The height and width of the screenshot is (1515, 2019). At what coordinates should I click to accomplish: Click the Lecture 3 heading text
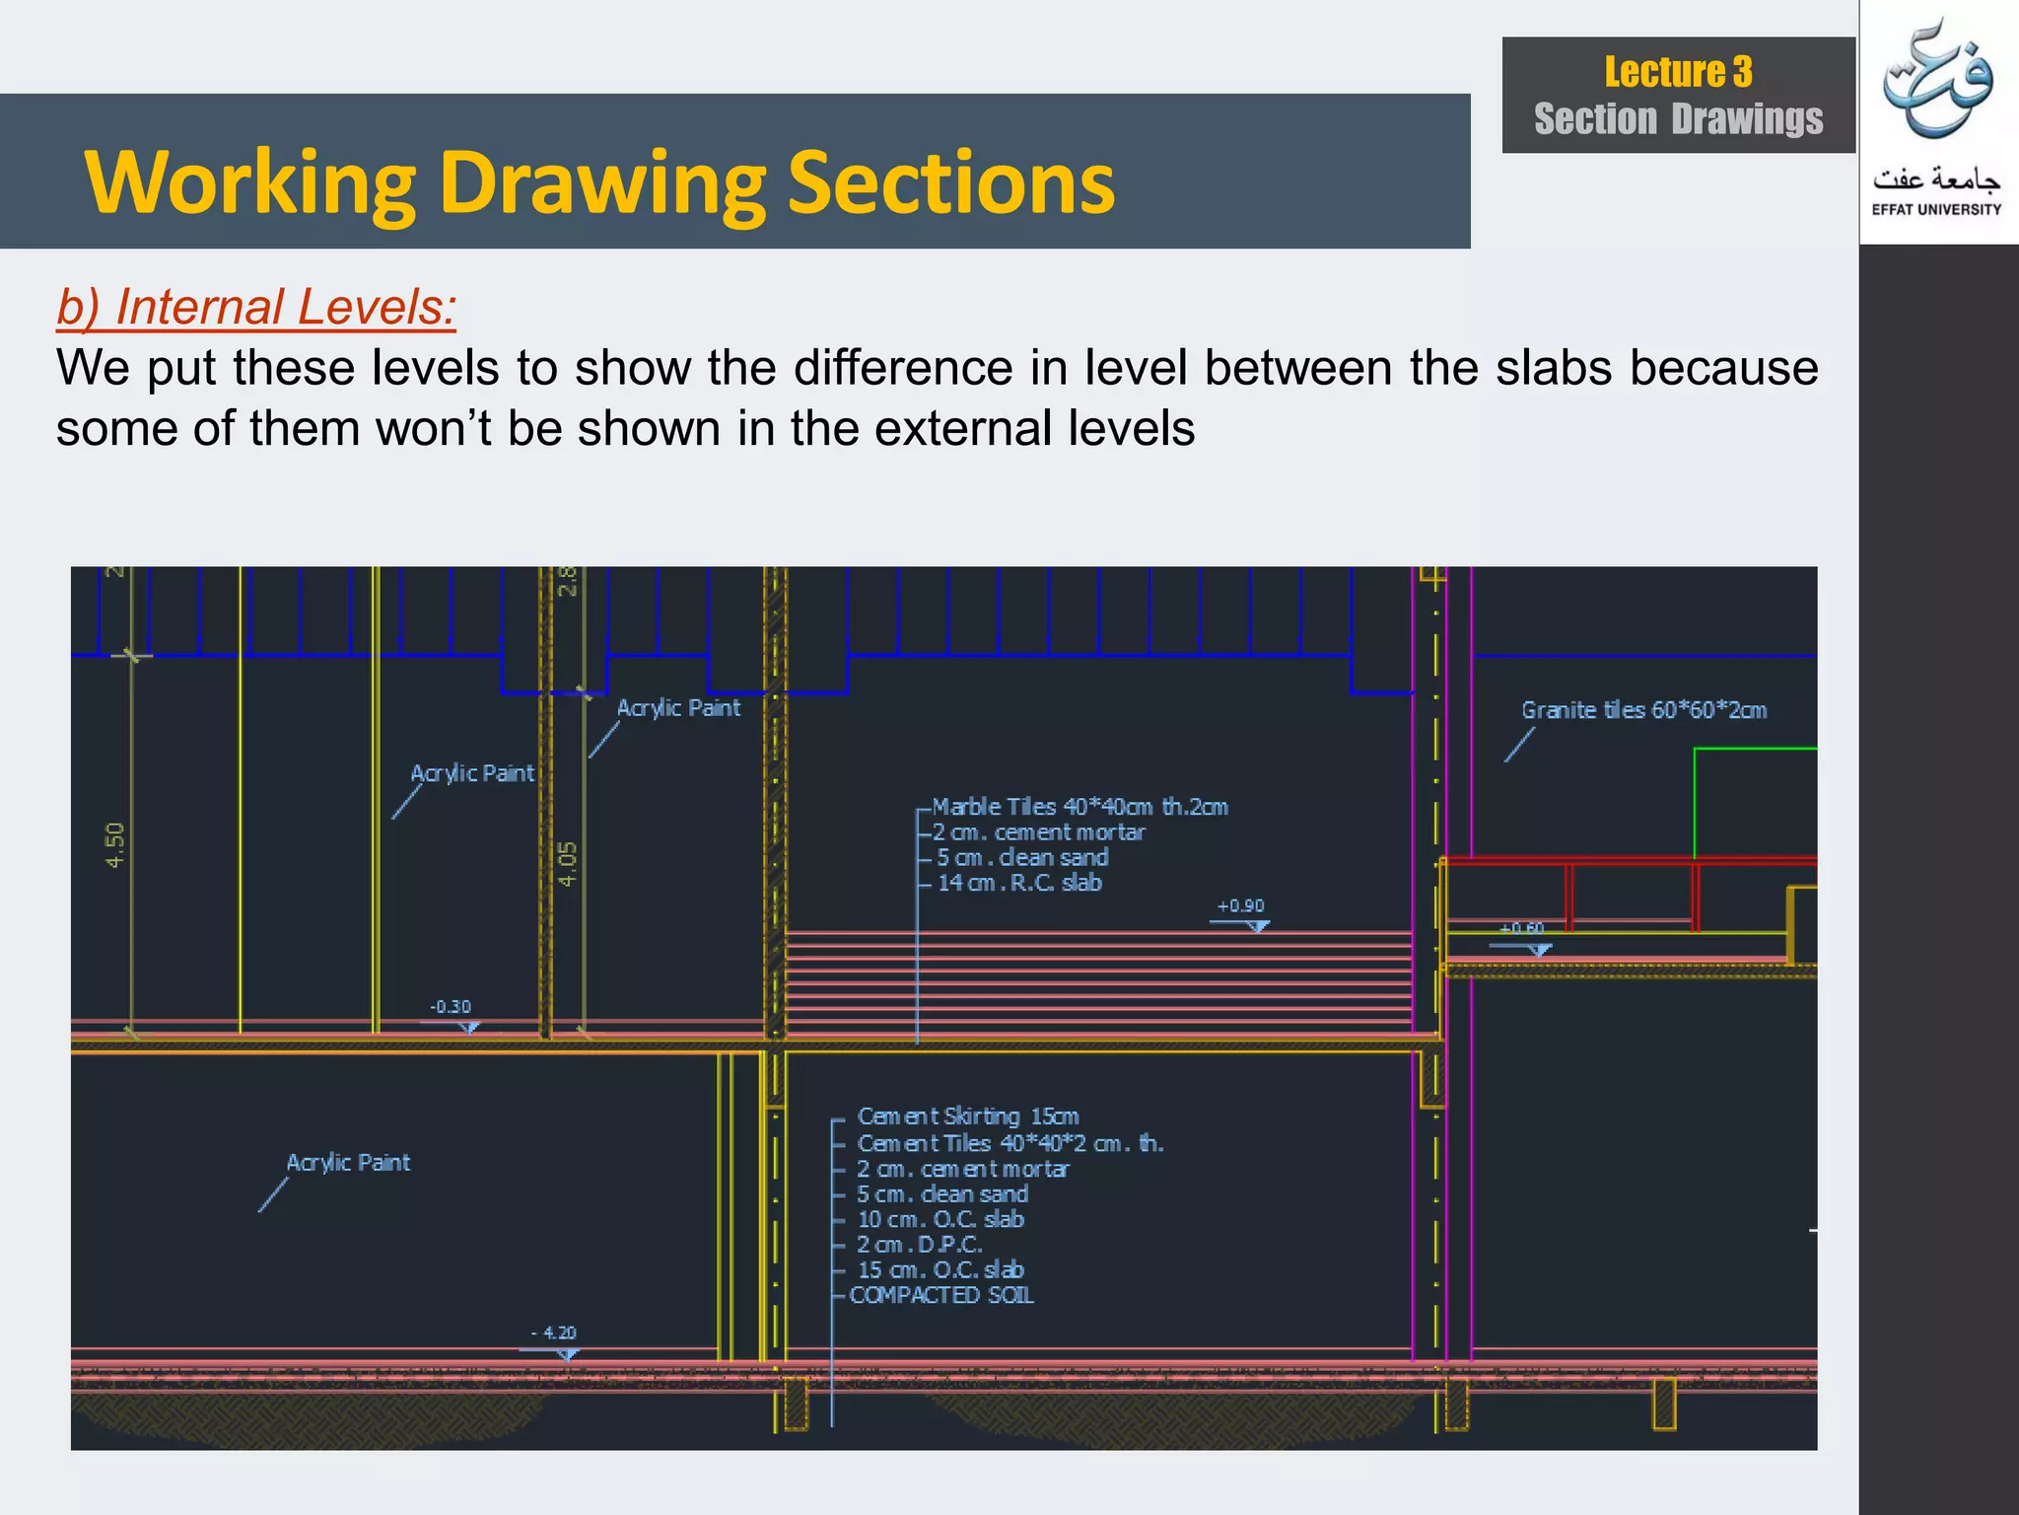pos(1678,72)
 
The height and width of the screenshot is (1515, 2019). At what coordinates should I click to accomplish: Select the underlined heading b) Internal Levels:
pos(256,307)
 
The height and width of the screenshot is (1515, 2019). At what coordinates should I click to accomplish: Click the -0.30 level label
pos(451,1007)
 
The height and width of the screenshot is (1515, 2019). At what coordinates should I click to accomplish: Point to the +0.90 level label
pos(1240,906)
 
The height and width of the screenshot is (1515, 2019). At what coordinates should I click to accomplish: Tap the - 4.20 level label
pos(554,1333)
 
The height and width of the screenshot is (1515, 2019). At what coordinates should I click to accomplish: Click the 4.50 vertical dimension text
pos(116,844)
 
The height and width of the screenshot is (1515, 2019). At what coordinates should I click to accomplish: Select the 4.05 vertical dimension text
pos(568,863)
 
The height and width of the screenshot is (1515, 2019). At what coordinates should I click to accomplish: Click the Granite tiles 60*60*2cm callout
pos(1643,710)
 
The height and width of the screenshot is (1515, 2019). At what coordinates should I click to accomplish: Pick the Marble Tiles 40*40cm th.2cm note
pos(1079,807)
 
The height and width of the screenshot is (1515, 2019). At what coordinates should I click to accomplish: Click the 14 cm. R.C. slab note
pos(1018,883)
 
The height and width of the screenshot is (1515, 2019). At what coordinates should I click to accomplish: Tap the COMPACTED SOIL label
pos(941,1295)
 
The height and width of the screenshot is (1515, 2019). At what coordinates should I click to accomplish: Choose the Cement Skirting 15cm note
pos(968,1117)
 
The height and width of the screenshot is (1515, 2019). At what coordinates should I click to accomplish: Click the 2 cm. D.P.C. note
pos(919,1245)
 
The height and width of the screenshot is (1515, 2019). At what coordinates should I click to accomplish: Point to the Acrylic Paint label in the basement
pos(348,1163)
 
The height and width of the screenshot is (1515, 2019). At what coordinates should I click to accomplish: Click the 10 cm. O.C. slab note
pos(940,1219)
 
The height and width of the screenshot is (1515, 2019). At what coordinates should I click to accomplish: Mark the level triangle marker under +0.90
pos(1258,926)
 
